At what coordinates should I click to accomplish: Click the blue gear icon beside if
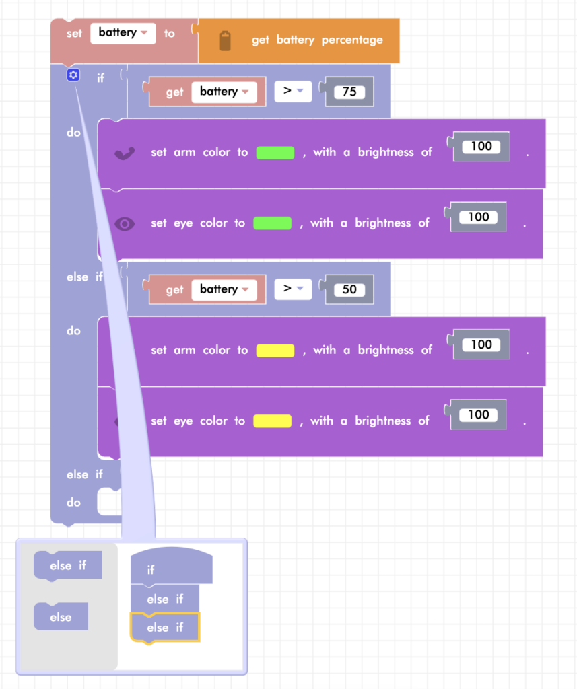[x=73, y=75]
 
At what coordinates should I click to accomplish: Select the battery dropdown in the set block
[x=123, y=33]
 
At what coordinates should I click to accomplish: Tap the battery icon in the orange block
[x=225, y=40]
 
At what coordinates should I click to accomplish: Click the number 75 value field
[x=349, y=92]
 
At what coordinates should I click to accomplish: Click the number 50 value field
[x=349, y=290]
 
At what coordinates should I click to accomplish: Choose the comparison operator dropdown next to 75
[x=293, y=92]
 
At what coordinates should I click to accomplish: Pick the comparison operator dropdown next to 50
[x=293, y=289]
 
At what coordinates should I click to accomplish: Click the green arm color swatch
[x=275, y=153]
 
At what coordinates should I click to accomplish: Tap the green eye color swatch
[x=272, y=223]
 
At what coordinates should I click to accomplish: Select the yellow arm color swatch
[x=275, y=351]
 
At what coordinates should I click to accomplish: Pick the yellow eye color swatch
[x=272, y=421]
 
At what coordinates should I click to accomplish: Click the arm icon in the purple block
[x=125, y=153]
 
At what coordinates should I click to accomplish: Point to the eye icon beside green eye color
[x=125, y=224]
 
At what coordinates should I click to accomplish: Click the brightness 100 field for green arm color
[x=481, y=147]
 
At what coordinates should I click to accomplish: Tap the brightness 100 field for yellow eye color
[x=478, y=415]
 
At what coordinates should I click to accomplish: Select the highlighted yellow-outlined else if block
[x=165, y=628]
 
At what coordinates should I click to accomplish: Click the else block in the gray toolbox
[x=61, y=617]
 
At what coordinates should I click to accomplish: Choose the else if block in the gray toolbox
[x=68, y=566]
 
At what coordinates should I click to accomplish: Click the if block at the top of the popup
[x=171, y=569]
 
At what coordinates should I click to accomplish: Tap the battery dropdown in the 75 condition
[x=224, y=92]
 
